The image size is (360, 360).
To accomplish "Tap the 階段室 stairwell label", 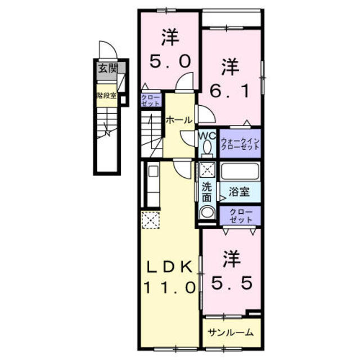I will pyautogui.click(x=106, y=96).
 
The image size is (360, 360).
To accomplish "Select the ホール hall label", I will pyautogui.click(x=179, y=120).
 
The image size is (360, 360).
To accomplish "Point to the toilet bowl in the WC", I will pyautogui.click(x=206, y=148).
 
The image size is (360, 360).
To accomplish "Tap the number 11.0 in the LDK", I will pyautogui.click(x=170, y=287).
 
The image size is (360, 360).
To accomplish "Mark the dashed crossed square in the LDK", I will pyautogui.click(x=151, y=220).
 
